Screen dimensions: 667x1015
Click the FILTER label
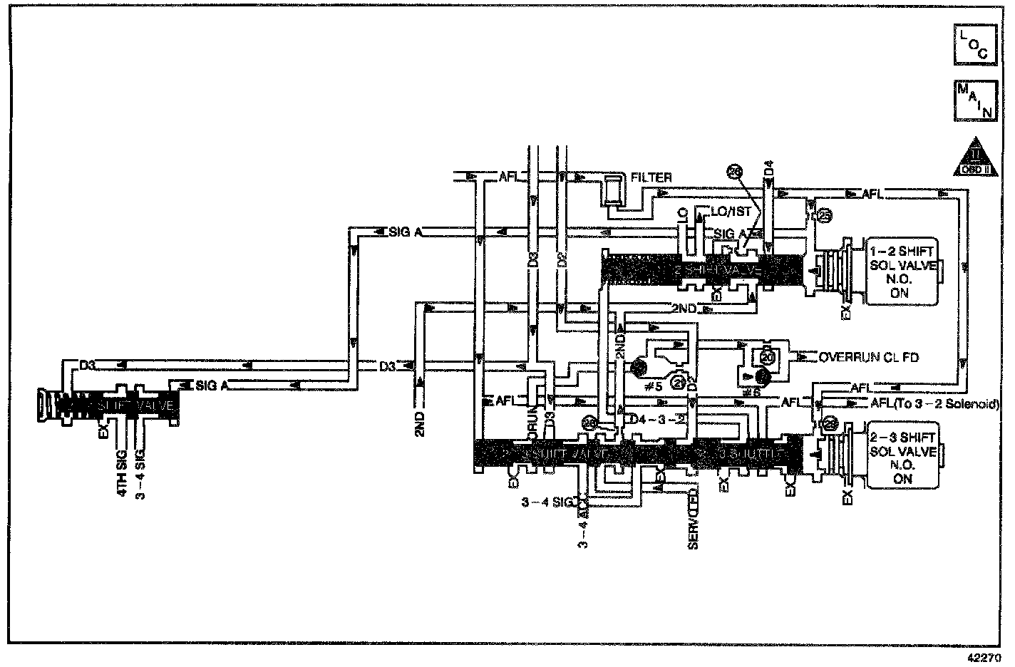click(x=651, y=177)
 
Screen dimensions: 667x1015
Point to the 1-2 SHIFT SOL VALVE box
click(x=900, y=272)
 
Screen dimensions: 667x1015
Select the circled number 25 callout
click(x=824, y=215)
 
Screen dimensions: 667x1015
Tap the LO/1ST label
click(x=731, y=212)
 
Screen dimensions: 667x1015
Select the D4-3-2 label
click(x=655, y=418)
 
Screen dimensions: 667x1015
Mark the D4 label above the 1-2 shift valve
click(x=768, y=169)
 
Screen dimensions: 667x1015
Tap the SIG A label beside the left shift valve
click(x=212, y=386)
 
